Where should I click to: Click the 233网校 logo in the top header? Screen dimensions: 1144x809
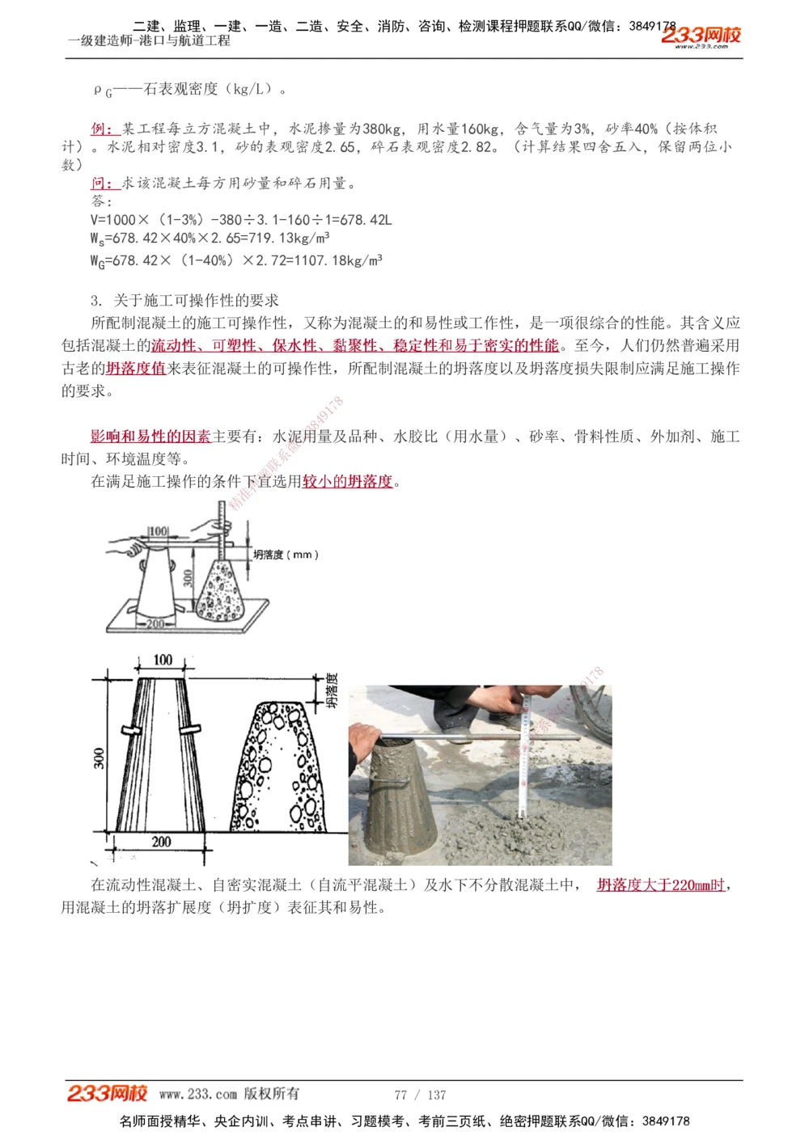[701, 36]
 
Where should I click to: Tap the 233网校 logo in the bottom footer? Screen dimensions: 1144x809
[107, 1093]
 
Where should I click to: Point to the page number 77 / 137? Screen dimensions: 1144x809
[420, 1095]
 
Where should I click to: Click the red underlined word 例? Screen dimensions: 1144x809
[105, 129]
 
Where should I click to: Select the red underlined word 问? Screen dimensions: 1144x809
[105, 184]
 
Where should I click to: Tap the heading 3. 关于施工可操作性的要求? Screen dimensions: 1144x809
[184, 301]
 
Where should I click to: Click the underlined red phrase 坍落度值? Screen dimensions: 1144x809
[135, 369]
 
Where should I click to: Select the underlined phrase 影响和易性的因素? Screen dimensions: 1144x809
[150, 437]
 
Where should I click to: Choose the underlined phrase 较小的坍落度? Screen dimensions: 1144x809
[347, 482]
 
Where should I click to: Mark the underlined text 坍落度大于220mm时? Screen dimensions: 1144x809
[661, 885]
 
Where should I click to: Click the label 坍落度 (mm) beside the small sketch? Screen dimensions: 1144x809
[286, 555]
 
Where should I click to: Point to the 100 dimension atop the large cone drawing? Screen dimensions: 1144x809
[163, 660]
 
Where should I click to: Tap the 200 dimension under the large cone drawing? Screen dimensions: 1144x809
[161, 842]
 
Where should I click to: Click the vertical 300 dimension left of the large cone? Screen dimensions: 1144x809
[99, 758]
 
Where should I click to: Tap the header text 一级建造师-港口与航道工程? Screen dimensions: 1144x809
[149, 40]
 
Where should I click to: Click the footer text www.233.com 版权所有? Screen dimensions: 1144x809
[229, 1094]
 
